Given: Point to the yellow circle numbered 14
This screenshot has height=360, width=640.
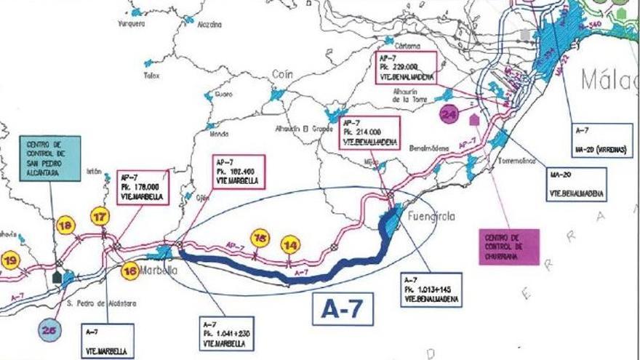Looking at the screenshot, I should click(291, 245).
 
